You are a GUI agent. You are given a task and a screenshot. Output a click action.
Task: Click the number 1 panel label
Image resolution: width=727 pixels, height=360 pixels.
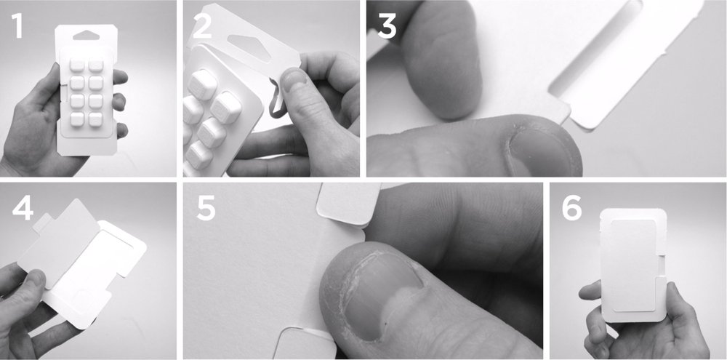(x=17, y=26)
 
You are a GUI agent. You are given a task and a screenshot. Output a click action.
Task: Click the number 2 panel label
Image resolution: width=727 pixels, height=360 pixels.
(x=202, y=26)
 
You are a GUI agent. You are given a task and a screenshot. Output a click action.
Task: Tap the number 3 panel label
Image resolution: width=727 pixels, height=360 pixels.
(x=387, y=26)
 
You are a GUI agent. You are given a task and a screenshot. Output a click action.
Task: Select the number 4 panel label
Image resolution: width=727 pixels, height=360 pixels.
(x=23, y=209)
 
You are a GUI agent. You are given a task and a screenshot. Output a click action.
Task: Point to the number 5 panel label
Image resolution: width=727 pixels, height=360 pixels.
(x=206, y=209)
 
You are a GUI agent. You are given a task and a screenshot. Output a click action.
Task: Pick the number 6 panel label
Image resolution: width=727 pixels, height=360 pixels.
(x=571, y=209)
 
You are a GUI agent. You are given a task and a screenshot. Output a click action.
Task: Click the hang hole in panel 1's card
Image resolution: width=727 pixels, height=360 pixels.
(x=87, y=36)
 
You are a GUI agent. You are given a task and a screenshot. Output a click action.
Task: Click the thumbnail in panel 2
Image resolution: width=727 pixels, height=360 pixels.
(x=294, y=79)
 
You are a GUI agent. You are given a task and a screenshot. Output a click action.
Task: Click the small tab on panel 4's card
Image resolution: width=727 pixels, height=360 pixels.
(x=41, y=221)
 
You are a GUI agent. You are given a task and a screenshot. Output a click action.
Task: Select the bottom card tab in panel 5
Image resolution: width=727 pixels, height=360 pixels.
(x=306, y=343)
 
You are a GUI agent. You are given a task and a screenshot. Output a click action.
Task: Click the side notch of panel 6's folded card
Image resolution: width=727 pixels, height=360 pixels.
(x=662, y=266)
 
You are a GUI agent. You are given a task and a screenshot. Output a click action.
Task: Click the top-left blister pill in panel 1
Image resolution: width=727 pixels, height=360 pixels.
(x=77, y=65)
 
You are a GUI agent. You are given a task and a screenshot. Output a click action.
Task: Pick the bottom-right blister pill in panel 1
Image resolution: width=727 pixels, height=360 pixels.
(x=95, y=119)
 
